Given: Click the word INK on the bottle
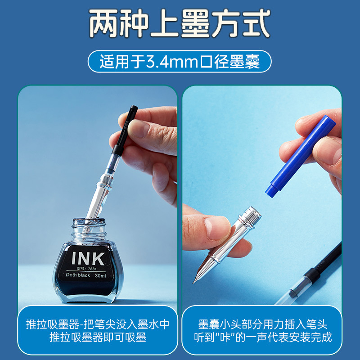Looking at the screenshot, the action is pos(88,258).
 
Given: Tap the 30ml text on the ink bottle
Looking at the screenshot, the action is pos(100,275).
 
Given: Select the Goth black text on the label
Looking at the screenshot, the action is pos(78,275).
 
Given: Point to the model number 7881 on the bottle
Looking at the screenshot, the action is pos(92,269).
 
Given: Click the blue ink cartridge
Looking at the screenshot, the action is pos(301,156).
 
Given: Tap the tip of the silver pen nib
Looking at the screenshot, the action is pos(193,283).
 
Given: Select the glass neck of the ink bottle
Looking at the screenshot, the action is pos(89,229).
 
